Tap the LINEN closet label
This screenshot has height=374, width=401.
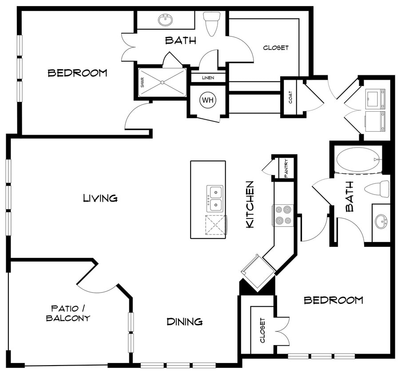(208, 78)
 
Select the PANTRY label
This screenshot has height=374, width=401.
(286, 168)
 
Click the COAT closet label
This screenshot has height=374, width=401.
(291, 97)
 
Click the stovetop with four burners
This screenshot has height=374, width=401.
(283, 215)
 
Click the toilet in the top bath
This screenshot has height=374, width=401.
(212, 23)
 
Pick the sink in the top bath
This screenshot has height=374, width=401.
(166, 20)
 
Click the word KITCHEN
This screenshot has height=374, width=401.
(250, 204)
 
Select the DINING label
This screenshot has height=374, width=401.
(185, 322)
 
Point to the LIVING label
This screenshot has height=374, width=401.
(100, 198)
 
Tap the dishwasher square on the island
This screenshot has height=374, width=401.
(216, 225)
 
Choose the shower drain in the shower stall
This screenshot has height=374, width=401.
(163, 82)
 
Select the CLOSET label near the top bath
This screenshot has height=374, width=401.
(276, 48)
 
